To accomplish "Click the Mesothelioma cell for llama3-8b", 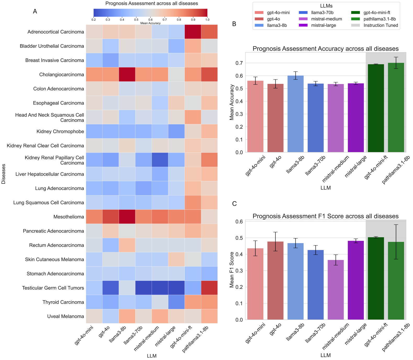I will (127, 217).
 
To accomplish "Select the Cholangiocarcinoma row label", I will (62, 75).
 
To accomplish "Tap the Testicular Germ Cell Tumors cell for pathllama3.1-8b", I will (209, 288).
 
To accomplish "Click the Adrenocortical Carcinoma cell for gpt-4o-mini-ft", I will (193, 32).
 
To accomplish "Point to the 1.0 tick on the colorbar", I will (207, 20).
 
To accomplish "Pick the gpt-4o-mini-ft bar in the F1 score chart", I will (376, 278).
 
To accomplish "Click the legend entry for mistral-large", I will (323, 25).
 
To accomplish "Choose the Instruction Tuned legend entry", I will (381, 25).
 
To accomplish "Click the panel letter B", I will (234, 24).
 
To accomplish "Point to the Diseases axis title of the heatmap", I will (3, 174).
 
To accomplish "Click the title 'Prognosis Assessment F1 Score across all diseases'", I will (325, 216).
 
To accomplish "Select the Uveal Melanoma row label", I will (65, 316).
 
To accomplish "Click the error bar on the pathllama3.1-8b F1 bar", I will (396, 242).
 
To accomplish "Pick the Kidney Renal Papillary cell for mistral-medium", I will (160, 160).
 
